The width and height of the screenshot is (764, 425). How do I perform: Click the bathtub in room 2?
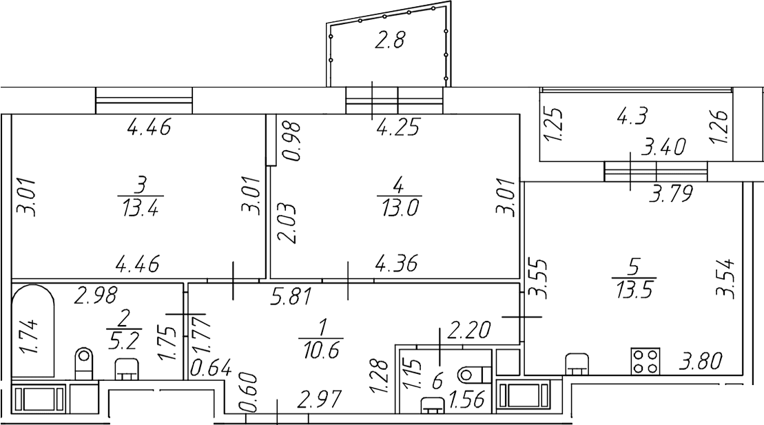[x=33, y=331]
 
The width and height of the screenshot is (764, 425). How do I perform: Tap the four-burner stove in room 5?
[x=645, y=361]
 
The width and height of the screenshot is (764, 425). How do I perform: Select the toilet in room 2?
[x=85, y=363]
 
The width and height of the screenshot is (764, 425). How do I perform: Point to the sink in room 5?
[x=577, y=364]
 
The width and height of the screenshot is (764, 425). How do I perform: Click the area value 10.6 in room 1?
[x=320, y=350]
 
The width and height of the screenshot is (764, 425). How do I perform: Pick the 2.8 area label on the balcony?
[x=390, y=41]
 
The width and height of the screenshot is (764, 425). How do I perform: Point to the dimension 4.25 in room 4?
[x=398, y=128]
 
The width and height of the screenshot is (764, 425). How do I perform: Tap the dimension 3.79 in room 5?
[x=672, y=192]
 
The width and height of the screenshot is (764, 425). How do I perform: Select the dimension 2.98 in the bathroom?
[x=96, y=296]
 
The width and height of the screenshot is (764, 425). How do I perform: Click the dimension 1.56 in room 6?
[x=467, y=400]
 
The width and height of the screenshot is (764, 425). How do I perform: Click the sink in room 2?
[x=127, y=369]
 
